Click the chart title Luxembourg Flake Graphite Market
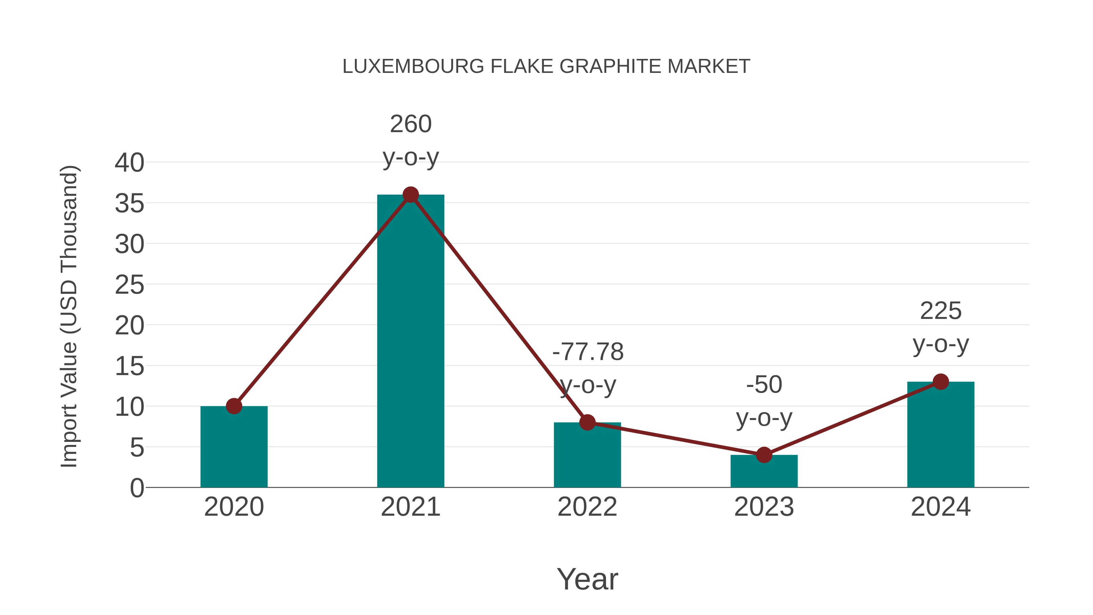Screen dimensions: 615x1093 [546, 67]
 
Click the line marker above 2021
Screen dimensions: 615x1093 [410, 195]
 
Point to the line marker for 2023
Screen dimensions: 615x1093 [764, 455]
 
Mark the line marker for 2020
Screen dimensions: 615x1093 [234, 406]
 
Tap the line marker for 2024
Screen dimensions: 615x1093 [941, 381]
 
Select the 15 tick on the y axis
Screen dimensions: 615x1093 [129, 366]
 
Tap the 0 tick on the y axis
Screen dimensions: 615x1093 [137, 488]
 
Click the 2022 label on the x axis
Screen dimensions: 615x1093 [587, 507]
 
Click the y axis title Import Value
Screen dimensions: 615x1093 [69, 316]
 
